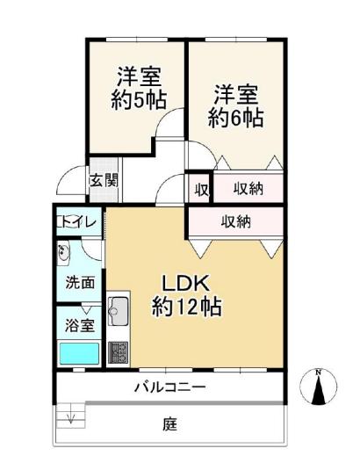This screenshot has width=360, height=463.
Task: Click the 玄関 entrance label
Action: pyautogui.click(x=104, y=180)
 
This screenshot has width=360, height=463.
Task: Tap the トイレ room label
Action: pyautogui.click(x=77, y=221)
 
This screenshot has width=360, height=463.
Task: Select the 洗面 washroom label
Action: pyautogui.click(x=80, y=283)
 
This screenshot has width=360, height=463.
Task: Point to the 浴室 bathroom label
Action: pyautogui.click(x=80, y=325)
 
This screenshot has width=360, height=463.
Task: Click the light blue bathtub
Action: pyautogui.click(x=79, y=353)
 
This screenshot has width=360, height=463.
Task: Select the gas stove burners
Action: pyautogui.click(x=118, y=352)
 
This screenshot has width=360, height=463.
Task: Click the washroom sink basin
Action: pyautogui.click(x=63, y=251)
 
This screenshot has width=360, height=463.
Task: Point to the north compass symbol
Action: pyautogui.click(x=318, y=387)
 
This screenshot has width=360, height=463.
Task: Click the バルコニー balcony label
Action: pyautogui.click(x=169, y=387)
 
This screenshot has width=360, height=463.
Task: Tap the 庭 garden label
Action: pyautogui.click(x=170, y=424)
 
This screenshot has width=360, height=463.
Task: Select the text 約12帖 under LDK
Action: pyautogui.click(x=187, y=307)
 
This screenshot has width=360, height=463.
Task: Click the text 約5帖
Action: pyautogui.click(x=139, y=100)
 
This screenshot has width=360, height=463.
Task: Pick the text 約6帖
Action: pyautogui.click(x=235, y=118)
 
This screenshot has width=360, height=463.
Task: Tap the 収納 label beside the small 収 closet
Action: pyautogui.click(x=248, y=188)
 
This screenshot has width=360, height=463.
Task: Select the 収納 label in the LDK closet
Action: pyautogui.click(x=236, y=221)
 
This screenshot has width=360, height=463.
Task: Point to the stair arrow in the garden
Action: pyautogui.click(x=71, y=418)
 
